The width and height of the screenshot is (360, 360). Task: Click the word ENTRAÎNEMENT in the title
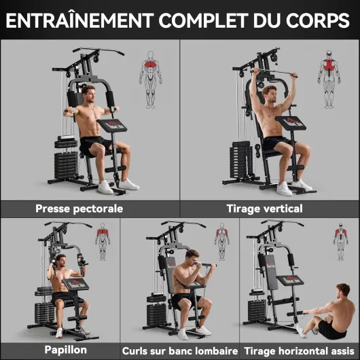click(x=79, y=20)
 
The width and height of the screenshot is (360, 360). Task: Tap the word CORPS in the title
click(x=317, y=20)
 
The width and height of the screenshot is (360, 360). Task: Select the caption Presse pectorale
click(x=79, y=209)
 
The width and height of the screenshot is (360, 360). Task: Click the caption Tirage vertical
click(x=264, y=209)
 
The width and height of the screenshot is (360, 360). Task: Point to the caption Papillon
click(x=66, y=350)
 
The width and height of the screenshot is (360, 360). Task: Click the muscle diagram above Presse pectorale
click(x=151, y=79)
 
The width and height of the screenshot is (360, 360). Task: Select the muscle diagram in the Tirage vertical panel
click(x=329, y=79)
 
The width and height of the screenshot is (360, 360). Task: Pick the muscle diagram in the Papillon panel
click(x=103, y=242)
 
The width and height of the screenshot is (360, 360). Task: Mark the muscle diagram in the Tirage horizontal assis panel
click(x=341, y=242)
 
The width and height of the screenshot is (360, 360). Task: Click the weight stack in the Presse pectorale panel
click(x=66, y=158)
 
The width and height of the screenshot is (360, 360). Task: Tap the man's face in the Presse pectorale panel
click(x=90, y=95)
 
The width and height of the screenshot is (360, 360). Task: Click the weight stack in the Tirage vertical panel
click(x=241, y=160)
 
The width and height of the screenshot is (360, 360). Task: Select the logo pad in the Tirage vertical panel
click(x=291, y=123)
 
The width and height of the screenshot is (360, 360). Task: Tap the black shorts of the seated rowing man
click(x=331, y=329)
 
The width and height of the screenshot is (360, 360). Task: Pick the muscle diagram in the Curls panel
click(x=222, y=242)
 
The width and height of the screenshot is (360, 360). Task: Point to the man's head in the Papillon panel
click(x=61, y=260)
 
